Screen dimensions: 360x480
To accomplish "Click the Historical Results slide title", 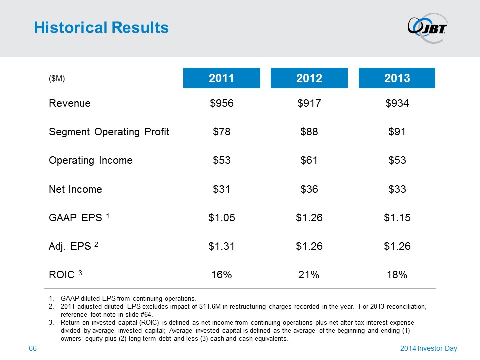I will [x=101, y=28].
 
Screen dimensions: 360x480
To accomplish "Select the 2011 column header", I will [x=222, y=78].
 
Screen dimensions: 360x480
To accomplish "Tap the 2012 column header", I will [x=309, y=78].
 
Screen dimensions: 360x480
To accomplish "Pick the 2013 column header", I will [x=397, y=78].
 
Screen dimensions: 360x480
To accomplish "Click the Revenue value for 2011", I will [x=222, y=104].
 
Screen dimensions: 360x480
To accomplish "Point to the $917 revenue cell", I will [x=309, y=104].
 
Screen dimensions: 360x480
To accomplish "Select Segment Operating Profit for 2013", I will [x=397, y=132].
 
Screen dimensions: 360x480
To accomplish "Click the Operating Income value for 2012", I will [x=309, y=161].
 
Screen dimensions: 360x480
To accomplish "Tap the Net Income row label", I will [x=75, y=189].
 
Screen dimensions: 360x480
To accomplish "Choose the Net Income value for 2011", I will [x=222, y=189].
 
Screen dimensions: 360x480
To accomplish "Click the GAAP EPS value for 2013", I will [x=397, y=218].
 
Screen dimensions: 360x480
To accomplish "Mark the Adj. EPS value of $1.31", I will [x=222, y=246].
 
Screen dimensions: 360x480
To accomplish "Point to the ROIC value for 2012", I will [x=309, y=275].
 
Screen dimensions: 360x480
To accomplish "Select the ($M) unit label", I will [x=57, y=79].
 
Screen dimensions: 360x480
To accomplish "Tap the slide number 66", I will [x=33, y=348].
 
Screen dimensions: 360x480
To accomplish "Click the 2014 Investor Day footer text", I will [x=429, y=348].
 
